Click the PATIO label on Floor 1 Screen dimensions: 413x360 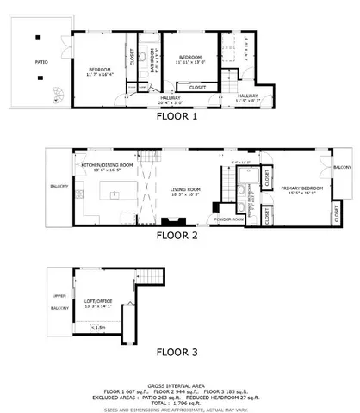(40, 62)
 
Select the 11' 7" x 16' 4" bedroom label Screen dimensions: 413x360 (102, 71)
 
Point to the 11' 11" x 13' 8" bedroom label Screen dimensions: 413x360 (191, 60)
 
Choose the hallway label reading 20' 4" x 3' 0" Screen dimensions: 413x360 (170, 101)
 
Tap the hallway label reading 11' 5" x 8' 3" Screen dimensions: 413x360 (249, 98)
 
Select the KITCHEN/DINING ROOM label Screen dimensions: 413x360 (107, 167)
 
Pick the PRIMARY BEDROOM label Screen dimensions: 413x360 (301, 189)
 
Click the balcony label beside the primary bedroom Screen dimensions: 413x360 (342, 167)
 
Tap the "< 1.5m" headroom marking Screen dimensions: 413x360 (98, 327)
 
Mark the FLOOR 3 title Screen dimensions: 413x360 (177, 351)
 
